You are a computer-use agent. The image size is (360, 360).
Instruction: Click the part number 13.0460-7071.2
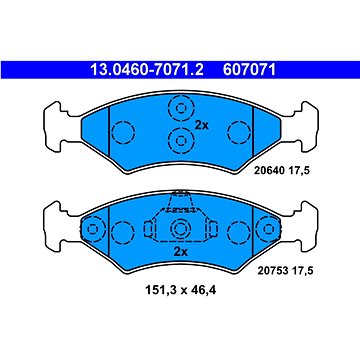[147, 70]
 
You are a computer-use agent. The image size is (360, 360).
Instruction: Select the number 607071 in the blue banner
[250, 70]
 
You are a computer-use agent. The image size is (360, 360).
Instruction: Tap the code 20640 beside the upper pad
[269, 171]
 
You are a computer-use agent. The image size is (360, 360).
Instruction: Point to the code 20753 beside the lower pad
[273, 271]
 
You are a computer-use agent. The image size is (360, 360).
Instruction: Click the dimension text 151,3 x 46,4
[180, 291]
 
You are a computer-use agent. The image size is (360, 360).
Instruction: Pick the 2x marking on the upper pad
[201, 126]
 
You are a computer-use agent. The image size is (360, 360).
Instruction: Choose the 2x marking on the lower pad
[180, 252]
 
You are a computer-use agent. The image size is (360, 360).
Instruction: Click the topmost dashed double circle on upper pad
[181, 108]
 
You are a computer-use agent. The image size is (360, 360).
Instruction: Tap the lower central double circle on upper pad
[181, 140]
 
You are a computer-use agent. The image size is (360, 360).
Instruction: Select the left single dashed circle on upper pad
[123, 132]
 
